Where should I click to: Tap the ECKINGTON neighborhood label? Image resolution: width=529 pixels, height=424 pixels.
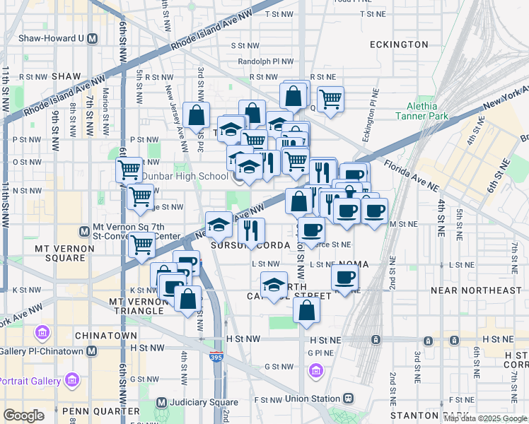coord(399,45)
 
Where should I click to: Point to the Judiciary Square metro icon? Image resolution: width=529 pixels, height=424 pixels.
coord(161,403)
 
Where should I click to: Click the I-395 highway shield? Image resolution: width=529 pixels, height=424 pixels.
coord(214,359)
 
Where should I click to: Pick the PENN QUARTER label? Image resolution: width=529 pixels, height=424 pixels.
coord(101,411)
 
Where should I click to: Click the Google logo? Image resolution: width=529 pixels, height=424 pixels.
coord(23,416)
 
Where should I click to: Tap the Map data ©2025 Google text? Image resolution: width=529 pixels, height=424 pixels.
coord(486,418)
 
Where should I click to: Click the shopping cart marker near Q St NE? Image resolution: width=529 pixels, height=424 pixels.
coord(330,100)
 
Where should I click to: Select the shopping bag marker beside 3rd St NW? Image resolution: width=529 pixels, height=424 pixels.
coord(196,116)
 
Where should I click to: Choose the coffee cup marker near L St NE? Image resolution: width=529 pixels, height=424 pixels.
coord(345,278)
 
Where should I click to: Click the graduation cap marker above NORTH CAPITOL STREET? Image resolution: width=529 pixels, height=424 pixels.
coord(274,285)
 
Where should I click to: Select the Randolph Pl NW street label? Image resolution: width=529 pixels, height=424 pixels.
coord(265,61)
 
